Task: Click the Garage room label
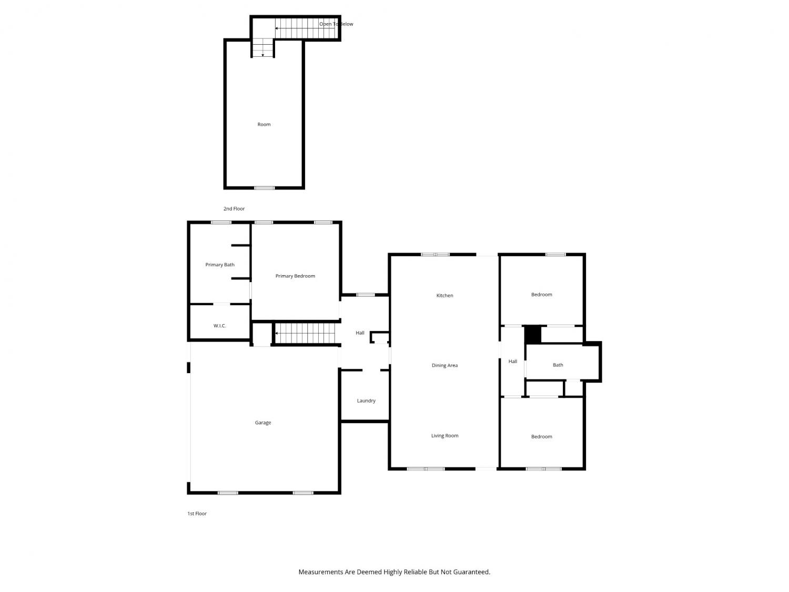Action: tap(263, 423)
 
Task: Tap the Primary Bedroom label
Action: tap(295, 276)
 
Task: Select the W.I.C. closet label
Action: tap(220, 326)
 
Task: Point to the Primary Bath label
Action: tap(220, 265)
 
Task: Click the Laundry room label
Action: tap(366, 400)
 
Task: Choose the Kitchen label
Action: tap(444, 295)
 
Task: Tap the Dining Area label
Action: tap(444, 365)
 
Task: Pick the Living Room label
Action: tap(444, 436)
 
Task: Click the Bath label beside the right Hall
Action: tap(558, 365)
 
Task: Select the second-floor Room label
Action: tap(264, 124)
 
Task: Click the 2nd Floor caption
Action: tap(234, 208)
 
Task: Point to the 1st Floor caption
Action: tap(197, 513)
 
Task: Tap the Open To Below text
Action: tap(336, 24)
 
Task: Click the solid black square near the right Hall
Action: tap(533, 335)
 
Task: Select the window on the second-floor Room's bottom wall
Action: tap(264, 188)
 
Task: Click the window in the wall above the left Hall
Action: tap(366, 295)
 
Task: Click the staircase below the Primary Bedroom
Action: tap(305, 333)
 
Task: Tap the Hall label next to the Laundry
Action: tap(360, 333)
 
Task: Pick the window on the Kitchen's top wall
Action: tap(435, 254)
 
